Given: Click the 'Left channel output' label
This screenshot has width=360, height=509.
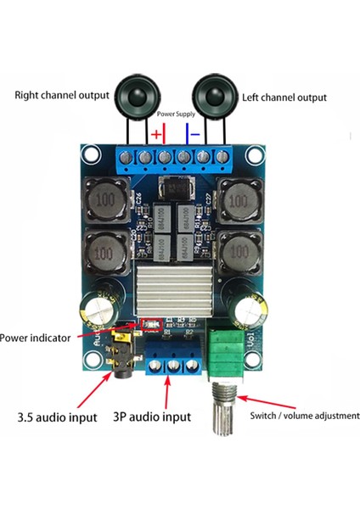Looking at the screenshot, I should coord(284,98).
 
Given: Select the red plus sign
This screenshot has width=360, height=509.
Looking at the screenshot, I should coord(156,134).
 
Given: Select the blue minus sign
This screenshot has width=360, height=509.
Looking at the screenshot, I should coord(194,134).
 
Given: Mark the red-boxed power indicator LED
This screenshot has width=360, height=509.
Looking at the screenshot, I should coord(155,323).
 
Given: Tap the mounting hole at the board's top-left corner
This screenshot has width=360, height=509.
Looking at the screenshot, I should coord(88,156).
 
